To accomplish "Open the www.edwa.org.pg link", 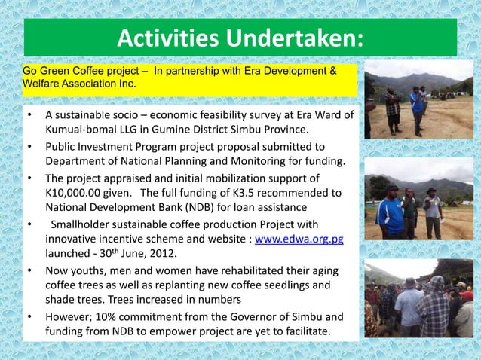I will click(x=300, y=239).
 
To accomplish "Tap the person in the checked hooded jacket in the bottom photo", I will click(x=434, y=309).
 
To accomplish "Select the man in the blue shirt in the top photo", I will click(x=417, y=110).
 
